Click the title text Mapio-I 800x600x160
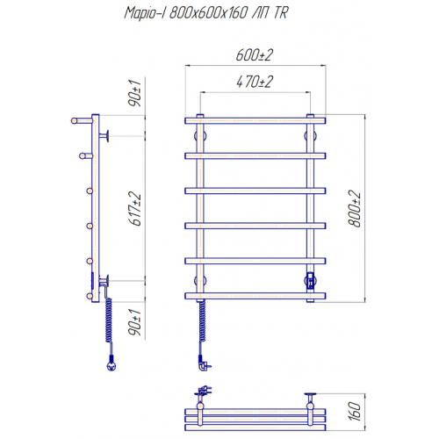pos(186,13)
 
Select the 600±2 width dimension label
pos(255,55)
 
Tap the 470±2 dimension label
pos(255,82)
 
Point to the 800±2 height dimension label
pos(355,208)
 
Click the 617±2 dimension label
pos(134,209)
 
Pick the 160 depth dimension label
pos(355,412)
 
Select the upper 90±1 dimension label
pos(134,93)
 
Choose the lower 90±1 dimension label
pos(134,322)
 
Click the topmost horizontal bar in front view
pos(255,120)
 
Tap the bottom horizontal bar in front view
pos(255,296)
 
